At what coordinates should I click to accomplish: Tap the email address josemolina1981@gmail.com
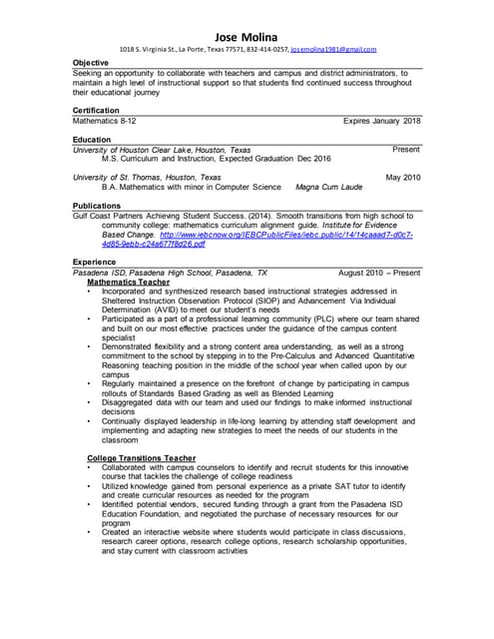(332, 49)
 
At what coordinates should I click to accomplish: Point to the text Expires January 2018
(382, 120)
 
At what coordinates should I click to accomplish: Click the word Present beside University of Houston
(406, 149)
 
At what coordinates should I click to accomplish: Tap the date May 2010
(403, 177)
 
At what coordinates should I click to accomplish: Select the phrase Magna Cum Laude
(329, 187)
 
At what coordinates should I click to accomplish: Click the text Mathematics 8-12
(105, 120)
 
